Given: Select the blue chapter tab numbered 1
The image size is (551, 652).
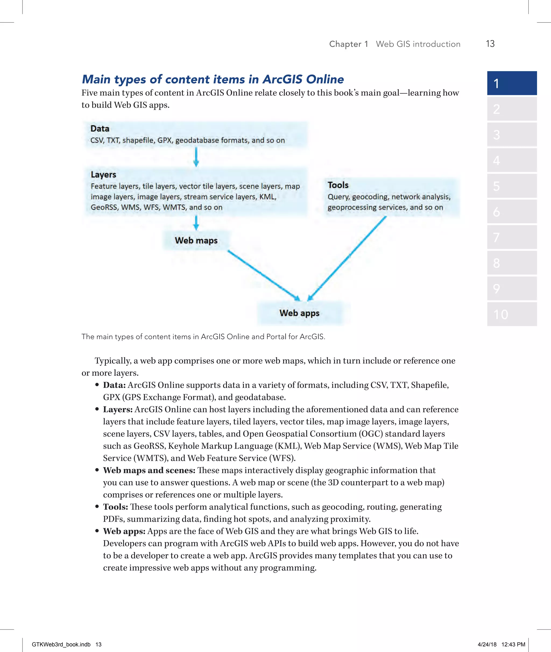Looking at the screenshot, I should pyautogui.click(x=512, y=83).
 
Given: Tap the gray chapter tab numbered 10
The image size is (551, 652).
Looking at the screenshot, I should pyautogui.click(x=512, y=314).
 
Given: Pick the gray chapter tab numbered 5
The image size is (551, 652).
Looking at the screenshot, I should pyautogui.click(x=512, y=186).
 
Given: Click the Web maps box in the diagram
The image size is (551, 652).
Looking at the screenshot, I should pyautogui.click(x=196, y=240).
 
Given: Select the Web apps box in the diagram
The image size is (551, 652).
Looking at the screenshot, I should pyautogui.click(x=299, y=313).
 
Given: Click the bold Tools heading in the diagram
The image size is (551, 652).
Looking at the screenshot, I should pyautogui.click(x=338, y=185).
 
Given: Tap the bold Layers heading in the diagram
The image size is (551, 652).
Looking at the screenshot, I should pyautogui.click(x=103, y=174).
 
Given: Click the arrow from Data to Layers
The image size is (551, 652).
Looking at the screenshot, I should pyautogui.click(x=196, y=157).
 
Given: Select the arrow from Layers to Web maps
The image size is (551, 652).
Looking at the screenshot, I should pyautogui.click(x=196, y=223).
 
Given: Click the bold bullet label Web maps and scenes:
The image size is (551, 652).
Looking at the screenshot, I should pyautogui.click(x=149, y=470).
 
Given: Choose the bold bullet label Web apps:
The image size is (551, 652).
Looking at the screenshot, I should pyautogui.click(x=124, y=531).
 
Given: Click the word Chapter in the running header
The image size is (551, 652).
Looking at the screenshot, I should pyautogui.click(x=345, y=44).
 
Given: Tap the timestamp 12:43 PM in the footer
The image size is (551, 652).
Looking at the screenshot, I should pyautogui.click(x=513, y=644).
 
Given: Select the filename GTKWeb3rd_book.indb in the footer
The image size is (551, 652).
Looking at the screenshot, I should pyautogui.click(x=61, y=644).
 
